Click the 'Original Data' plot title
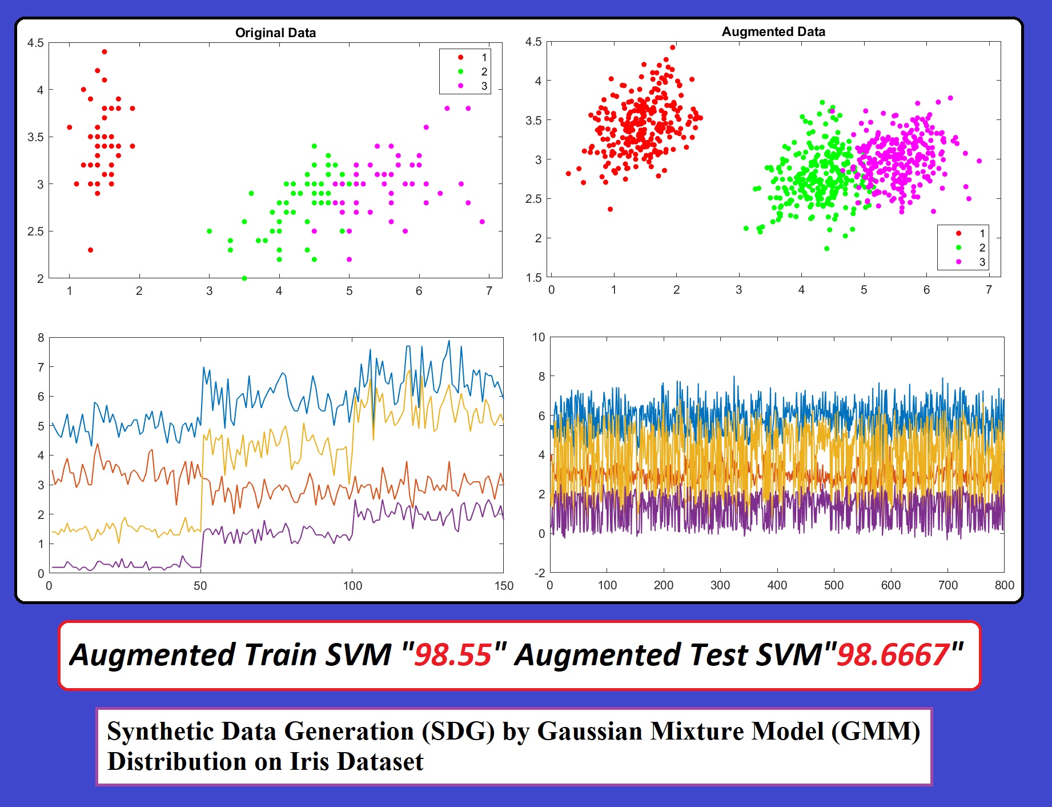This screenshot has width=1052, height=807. (275, 33)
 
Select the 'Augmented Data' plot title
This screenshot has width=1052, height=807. (773, 31)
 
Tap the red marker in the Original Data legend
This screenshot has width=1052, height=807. (460, 57)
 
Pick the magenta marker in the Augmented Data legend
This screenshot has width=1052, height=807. (958, 262)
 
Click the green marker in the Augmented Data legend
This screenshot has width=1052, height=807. (958, 247)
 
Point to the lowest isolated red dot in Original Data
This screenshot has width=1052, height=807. (90, 250)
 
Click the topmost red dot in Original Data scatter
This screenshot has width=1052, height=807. (105, 52)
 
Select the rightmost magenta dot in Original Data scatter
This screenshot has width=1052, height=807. (482, 222)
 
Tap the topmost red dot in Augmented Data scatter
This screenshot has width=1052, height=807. (673, 47)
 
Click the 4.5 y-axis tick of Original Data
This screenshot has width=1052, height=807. (35, 43)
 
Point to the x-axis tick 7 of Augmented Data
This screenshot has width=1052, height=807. (989, 290)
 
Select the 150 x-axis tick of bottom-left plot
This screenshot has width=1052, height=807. (504, 586)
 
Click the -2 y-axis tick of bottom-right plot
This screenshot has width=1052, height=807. (539, 573)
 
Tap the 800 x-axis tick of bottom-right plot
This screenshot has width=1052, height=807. (1004, 585)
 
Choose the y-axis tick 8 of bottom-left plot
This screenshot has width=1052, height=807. (41, 338)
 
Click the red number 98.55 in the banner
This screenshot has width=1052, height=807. (452, 655)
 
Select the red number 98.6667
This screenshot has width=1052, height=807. (893, 655)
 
